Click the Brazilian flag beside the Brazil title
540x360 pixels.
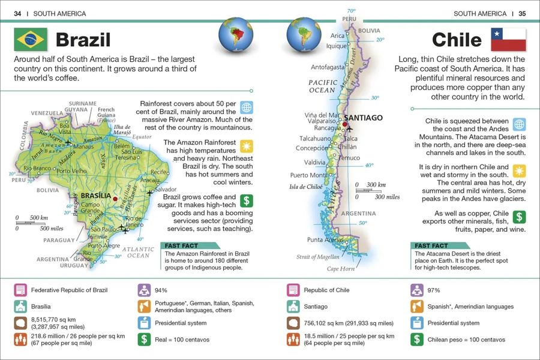tap(30, 40)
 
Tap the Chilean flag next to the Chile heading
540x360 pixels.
tap(508, 40)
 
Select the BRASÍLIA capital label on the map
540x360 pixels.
tap(95, 196)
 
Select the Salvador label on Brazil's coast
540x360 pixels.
tap(166, 189)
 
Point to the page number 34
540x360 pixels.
tap(17, 13)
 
